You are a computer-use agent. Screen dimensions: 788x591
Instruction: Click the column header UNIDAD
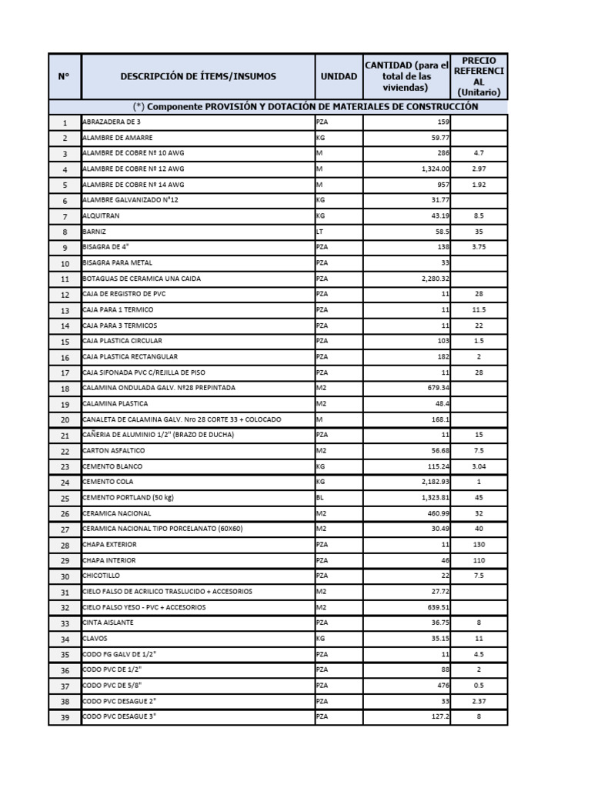339,76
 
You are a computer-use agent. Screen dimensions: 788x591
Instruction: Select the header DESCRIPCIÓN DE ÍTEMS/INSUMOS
198,76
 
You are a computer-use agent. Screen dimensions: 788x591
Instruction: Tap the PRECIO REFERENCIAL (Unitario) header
479,76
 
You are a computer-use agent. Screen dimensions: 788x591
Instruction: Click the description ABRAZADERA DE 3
112,122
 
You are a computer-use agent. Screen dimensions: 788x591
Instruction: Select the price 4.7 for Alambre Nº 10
479,154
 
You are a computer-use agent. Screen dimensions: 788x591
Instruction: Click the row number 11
65,279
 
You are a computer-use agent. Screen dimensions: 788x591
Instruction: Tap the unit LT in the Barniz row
320,232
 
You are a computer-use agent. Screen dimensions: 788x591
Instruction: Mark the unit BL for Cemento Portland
320,498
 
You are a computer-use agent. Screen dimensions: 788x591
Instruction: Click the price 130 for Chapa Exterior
479,545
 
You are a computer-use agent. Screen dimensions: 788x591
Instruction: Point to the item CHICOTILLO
101,576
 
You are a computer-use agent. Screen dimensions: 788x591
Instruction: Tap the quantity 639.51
437,607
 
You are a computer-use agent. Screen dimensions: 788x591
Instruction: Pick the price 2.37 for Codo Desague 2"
479,701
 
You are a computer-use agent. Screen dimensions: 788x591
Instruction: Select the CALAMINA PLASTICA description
115,404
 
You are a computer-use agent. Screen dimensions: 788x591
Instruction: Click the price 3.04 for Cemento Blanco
479,467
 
